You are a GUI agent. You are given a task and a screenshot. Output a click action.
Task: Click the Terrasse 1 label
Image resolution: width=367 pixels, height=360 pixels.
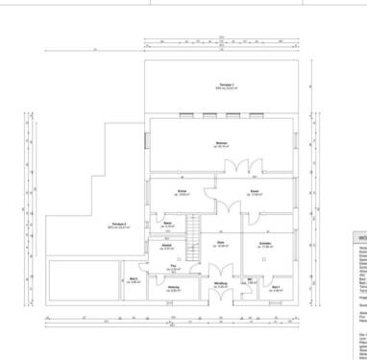tap(227, 86)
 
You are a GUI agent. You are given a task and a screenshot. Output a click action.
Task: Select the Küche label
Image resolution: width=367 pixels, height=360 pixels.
tap(182, 192)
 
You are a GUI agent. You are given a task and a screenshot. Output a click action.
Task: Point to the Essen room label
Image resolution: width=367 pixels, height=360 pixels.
tap(255, 192)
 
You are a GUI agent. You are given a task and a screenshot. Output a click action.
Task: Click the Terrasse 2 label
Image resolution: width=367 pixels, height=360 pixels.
tap(118, 226)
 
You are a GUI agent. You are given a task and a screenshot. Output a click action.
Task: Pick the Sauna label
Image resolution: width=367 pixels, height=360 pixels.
tap(168, 225)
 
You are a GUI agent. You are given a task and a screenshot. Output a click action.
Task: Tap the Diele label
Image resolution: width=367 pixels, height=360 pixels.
tap(220, 244)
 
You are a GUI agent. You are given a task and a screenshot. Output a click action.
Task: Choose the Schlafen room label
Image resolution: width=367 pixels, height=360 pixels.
tap(265, 244)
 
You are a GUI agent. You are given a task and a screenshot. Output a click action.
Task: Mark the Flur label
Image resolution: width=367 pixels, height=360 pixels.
tap(174, 267)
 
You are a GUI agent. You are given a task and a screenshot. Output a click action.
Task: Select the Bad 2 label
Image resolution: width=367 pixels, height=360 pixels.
tap(134, 280)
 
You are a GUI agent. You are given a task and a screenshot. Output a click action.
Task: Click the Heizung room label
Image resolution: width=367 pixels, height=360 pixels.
tap(174, 289)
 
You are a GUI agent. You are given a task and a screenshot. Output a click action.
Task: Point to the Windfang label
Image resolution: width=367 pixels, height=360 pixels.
tap(220, 285)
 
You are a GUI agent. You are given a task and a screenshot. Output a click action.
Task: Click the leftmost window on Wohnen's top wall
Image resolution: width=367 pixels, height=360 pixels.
tap(183, 115)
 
